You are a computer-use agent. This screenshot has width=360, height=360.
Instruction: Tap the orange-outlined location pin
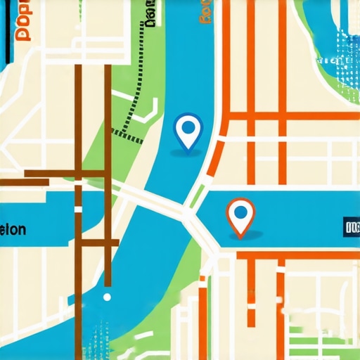click(x=240, y=215)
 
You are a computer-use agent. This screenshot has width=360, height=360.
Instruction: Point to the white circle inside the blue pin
click(x=188, y=127)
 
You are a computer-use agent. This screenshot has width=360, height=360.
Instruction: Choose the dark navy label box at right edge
click(x=351, y=227)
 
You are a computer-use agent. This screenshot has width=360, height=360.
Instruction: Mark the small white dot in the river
click(x=107, y=297)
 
